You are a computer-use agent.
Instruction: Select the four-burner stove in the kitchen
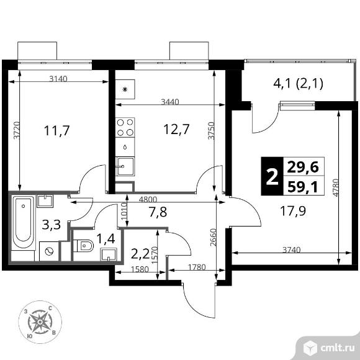[125, 127]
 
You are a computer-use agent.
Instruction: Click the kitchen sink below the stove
[125, 166]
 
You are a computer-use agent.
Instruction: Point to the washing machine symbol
[49, 251]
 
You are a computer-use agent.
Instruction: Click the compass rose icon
[40, 322]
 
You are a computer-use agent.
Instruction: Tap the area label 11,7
[56, 131]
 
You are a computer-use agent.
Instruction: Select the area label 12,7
[176, 129]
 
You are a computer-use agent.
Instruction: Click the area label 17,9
[293, 211]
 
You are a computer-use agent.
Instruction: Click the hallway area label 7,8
[158, 212]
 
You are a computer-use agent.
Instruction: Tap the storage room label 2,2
[140, 254]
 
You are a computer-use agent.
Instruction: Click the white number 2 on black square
[272, 176]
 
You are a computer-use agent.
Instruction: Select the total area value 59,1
[303, 187]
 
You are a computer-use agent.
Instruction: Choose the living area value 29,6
[303, 167]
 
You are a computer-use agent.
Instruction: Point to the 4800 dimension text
[148, 199]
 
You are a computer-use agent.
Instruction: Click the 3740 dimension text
[291, 250]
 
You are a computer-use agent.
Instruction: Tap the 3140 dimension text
[58, 79]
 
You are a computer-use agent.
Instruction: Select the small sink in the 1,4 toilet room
[109, 255]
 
